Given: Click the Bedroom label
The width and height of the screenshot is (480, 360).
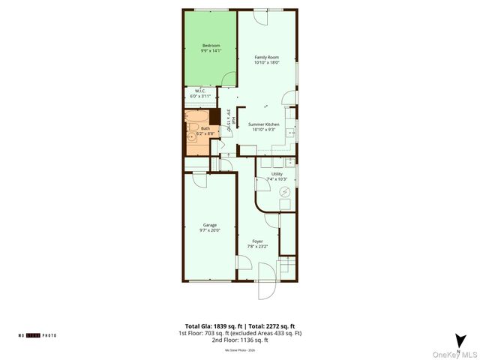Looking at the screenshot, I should (x=211, y=46).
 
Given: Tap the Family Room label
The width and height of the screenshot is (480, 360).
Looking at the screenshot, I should (x=266, y=57).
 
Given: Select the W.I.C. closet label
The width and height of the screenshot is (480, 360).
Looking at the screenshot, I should (x=200, y=91).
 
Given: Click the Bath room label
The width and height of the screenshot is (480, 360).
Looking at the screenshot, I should (x=205, y=128).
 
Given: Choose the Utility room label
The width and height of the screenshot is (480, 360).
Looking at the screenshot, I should (x=277, y=174).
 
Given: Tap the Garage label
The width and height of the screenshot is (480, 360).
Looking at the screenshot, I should (x=209, y=225).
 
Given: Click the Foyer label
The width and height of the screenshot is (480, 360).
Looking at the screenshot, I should (x=257, y=241).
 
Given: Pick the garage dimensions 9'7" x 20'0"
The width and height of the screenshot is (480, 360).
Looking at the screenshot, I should (x=209, y=230).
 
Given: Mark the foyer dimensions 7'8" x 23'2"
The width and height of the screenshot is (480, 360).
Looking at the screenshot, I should (x=257, y=246).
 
